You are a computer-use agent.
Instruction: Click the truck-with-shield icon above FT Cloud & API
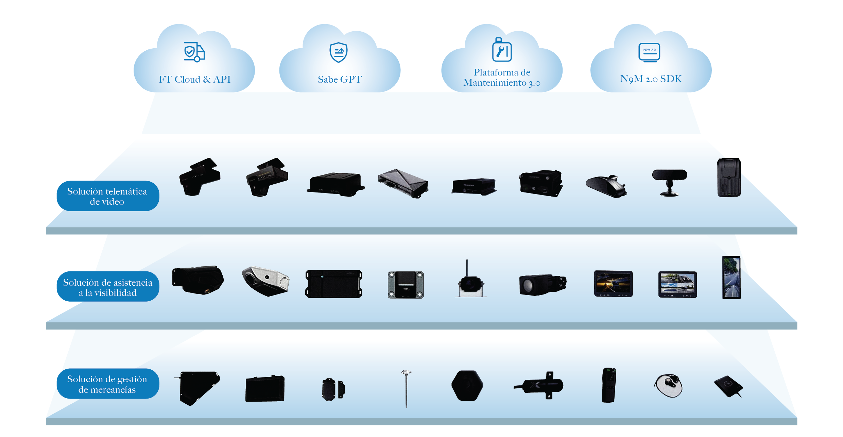[194, 52]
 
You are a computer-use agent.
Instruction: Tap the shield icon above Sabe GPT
[339, 52]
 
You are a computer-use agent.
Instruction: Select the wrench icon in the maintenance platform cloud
[502, 51]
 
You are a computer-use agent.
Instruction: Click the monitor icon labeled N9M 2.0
[649, 52]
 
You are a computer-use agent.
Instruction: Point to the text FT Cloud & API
[194, 79]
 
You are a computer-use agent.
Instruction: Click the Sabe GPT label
[340, 79]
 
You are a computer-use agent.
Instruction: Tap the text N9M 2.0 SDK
[651, 79]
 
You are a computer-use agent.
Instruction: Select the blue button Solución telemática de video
[108, 196]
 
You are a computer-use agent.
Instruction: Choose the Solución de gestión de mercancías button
[108, 384]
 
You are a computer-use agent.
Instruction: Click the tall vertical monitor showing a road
[731, 278]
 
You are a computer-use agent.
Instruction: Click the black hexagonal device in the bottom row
[467, 386]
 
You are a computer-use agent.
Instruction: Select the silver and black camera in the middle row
[265, 281]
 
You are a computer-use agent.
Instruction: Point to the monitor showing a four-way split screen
[677, 284]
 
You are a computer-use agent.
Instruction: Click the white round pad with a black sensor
[668, 385]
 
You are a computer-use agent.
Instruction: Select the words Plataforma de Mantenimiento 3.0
[502, 78]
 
